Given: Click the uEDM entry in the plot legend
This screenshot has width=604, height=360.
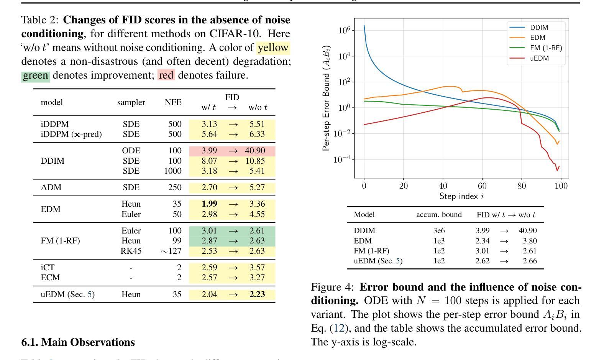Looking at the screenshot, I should tap(539, 58).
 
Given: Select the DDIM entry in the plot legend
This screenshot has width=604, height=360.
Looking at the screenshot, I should tap(539, 28).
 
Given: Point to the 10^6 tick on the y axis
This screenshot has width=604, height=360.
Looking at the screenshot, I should tap(344, 30).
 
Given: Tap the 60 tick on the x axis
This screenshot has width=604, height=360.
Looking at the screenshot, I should tap(482, 186).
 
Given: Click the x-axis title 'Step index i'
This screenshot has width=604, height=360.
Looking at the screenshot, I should tap(461, 196).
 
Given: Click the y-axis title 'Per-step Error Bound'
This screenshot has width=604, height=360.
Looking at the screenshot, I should tap(326, 98).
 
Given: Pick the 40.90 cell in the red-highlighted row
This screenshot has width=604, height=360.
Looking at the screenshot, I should tap(255, 151).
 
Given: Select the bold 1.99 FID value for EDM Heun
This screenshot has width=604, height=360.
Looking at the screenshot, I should tap(209, 204).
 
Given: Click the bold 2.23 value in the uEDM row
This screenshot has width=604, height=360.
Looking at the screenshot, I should tap(257, 294).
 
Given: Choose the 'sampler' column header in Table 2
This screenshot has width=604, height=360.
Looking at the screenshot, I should tap(131, 102).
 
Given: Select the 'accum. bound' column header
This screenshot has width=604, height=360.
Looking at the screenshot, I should tap(439, 215).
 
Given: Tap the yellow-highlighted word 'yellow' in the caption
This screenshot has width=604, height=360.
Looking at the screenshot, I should tap(273, 48).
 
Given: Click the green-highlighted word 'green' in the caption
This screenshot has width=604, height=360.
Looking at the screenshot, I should tap(35, 75).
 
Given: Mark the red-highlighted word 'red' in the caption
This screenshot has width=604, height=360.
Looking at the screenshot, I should tap(166, 75).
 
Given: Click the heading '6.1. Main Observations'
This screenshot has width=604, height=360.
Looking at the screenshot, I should tap(78, 342).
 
